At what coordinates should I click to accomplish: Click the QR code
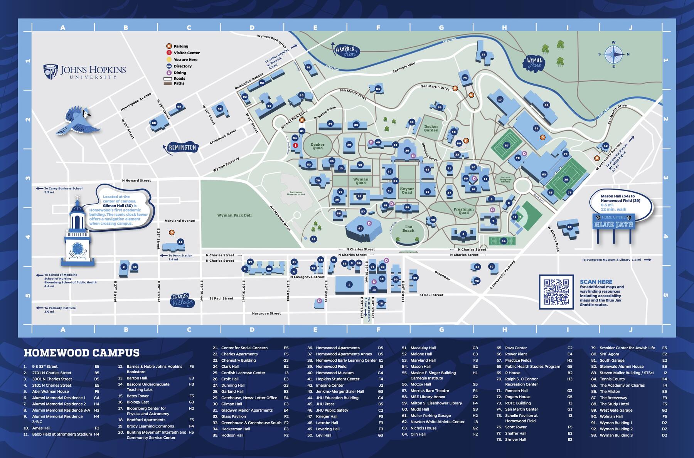(x=556, y=291)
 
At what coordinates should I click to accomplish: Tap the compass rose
(x=614, y=54)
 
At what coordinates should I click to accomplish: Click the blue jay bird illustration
(x=79, y=121)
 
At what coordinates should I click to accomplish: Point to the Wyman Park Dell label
(x=234, y=215)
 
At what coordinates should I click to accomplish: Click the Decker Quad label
(x=317, y=146)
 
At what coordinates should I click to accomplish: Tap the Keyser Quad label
(x=407, y=190)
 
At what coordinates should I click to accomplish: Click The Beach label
(x=408, y=229)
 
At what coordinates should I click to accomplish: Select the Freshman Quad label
(x=463, y=211)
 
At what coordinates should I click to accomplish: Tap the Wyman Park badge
(x=535, y=62)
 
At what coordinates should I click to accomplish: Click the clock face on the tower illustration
(x=77, y=247)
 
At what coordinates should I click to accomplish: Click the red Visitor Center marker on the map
(x=296, y=145)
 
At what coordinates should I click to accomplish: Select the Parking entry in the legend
(x=180, y=46)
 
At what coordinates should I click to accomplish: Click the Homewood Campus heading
(x=82, y=353)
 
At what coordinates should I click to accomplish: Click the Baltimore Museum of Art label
(x=296, y=193)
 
